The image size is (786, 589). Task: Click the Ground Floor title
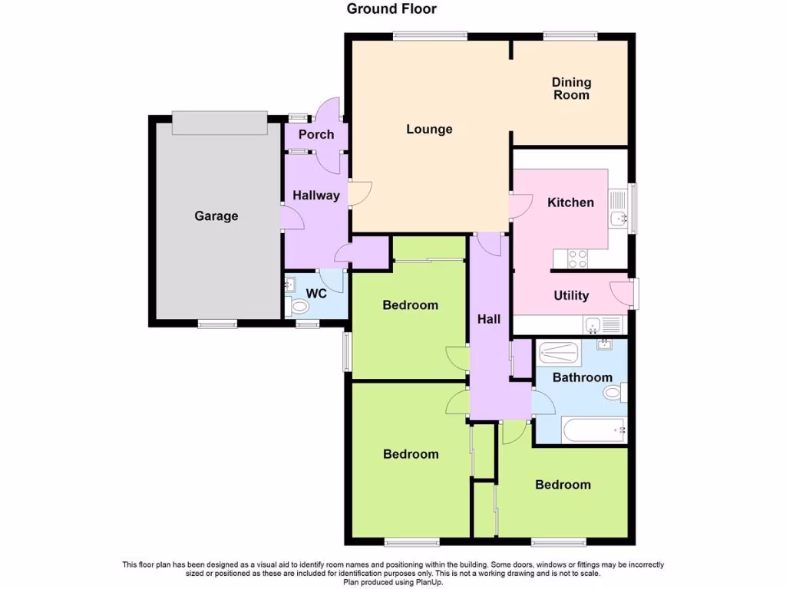(391, 9)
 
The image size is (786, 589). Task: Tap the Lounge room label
(429, 129)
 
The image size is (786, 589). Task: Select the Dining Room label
(571, 88)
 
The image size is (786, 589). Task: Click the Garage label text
(216, 216)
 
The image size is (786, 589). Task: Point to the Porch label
(316, 134)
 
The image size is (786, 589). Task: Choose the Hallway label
(315, 196)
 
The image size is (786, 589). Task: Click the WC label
(316, 294)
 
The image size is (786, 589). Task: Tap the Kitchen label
(570, 202)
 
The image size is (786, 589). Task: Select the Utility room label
(571, 295)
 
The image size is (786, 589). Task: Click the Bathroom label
(582, 377)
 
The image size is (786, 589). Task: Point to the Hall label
(489, 318)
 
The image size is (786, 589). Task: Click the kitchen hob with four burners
(577, 260)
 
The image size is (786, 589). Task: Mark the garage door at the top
(219, 123)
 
